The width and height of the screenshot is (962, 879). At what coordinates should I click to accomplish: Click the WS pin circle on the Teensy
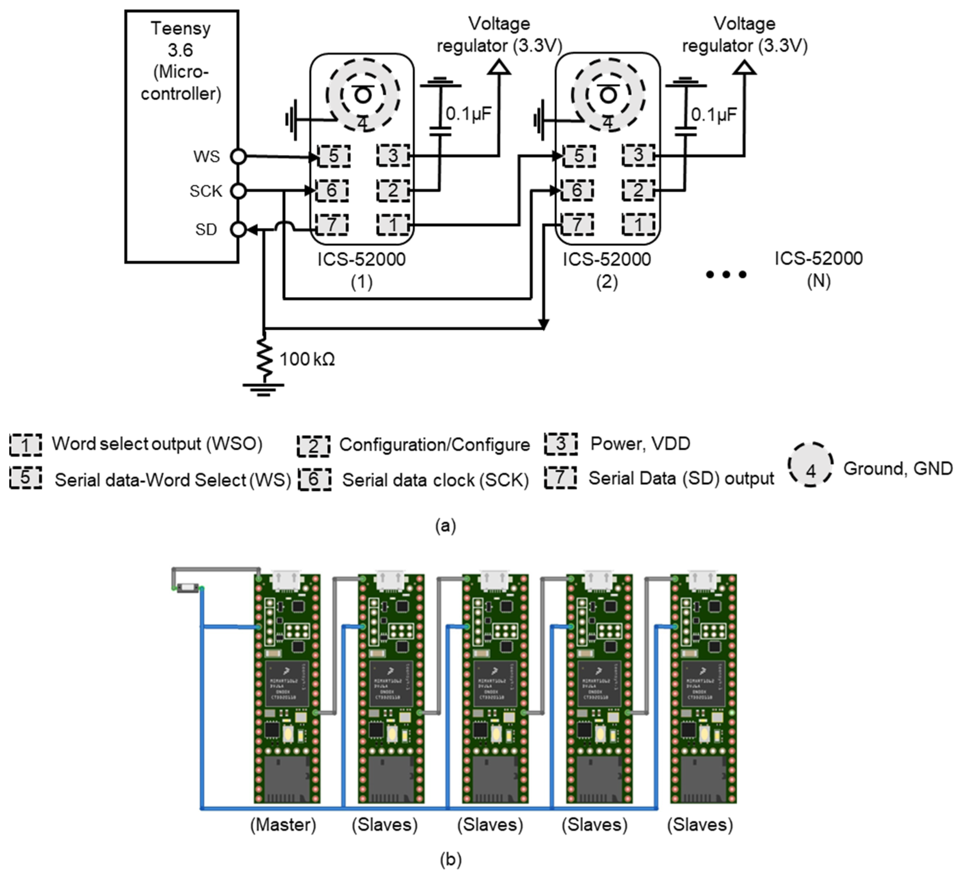pos(238,156)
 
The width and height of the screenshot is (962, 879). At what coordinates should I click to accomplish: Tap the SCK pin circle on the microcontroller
pos(238,191)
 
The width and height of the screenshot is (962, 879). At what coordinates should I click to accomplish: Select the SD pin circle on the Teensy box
pos(238,229)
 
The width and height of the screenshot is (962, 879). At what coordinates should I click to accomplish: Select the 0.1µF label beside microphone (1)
pos(468,114)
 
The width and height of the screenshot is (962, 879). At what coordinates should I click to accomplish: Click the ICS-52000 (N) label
pos(818,269)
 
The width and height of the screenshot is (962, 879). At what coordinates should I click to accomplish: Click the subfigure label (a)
pos(445,526)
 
